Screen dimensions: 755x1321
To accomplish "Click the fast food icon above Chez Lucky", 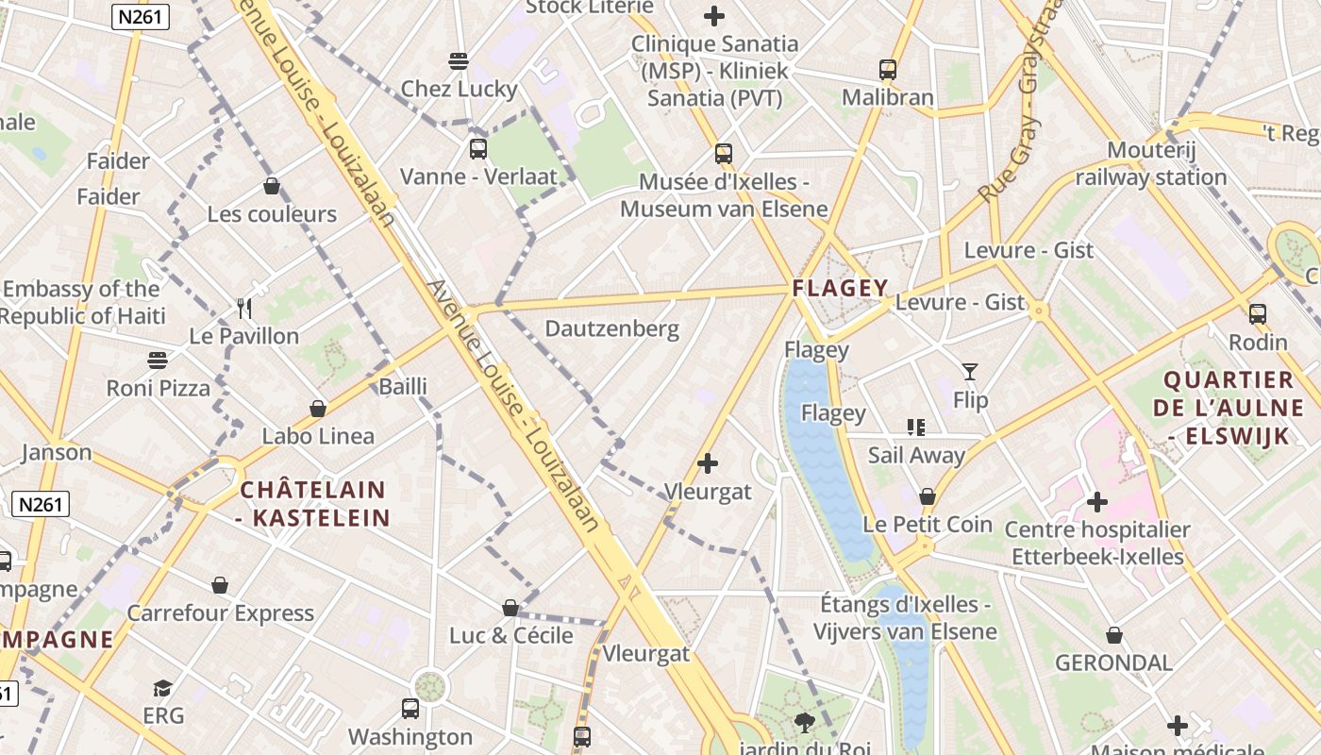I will (459, 61).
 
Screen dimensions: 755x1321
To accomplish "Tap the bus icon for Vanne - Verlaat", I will (478, 148).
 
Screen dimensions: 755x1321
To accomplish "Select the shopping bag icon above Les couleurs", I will (272, 186).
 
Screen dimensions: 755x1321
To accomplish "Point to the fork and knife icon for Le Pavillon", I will (244, 308).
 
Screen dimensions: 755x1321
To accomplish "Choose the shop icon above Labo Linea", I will (318, 409).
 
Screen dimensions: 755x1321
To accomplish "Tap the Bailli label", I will (403, 386).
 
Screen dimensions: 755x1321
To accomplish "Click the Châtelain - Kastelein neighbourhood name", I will (313, 503).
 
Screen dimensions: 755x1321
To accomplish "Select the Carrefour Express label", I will (220, 612).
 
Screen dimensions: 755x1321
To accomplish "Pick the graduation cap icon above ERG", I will (163, 688).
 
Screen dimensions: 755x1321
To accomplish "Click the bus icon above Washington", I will (410, 708).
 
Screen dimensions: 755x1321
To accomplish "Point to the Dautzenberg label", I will (612, 328).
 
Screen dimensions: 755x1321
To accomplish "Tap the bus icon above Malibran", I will (887, 69).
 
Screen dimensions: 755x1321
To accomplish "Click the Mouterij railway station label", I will (1150, 163).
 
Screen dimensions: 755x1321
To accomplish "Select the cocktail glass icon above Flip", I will (970, 372).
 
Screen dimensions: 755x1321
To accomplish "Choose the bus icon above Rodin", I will (1257, 314).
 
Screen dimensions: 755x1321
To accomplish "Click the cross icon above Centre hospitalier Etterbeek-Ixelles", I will (1096, 501).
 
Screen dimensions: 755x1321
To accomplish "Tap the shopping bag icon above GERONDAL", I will (1114, 635).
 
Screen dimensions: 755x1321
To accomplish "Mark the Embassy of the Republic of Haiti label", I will (82, 302).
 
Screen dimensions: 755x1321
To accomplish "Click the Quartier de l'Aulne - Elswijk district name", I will (1228, 408).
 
